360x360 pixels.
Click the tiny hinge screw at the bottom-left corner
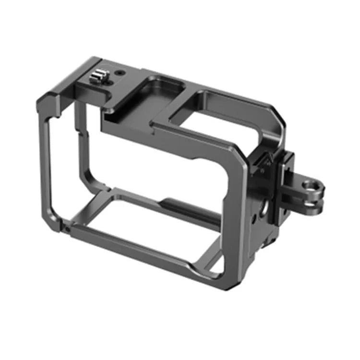[x=68, y=229]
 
